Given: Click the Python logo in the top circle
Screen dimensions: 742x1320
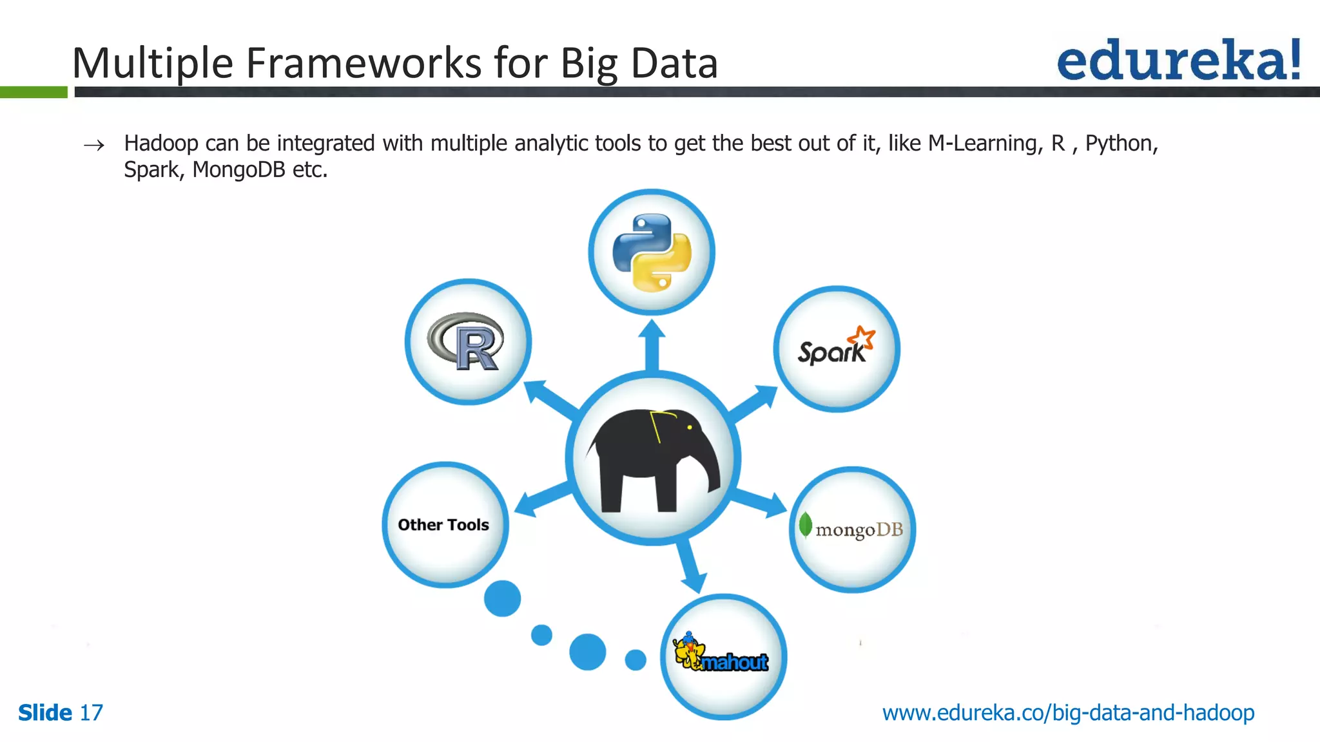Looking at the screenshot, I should (652, 252).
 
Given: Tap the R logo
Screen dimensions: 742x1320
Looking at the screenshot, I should (467, 341).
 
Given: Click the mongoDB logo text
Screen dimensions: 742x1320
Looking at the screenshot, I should (859, 530).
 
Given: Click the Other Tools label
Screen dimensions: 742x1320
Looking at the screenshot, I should (443, 525).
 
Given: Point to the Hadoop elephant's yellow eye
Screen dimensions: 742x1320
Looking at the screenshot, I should (690, 427).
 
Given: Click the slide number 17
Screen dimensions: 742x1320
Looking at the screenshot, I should (91, 713).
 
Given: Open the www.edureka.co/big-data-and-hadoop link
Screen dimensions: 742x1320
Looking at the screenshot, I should (1068, 713).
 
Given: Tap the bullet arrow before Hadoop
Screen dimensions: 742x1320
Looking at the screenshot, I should (94, 146).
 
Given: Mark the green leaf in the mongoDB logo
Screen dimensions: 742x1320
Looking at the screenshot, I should (805, 525).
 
